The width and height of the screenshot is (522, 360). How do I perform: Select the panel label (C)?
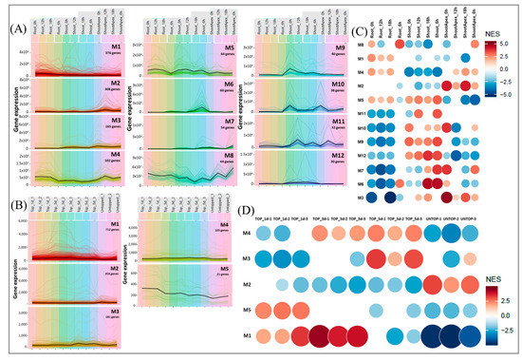click(351, 29)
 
